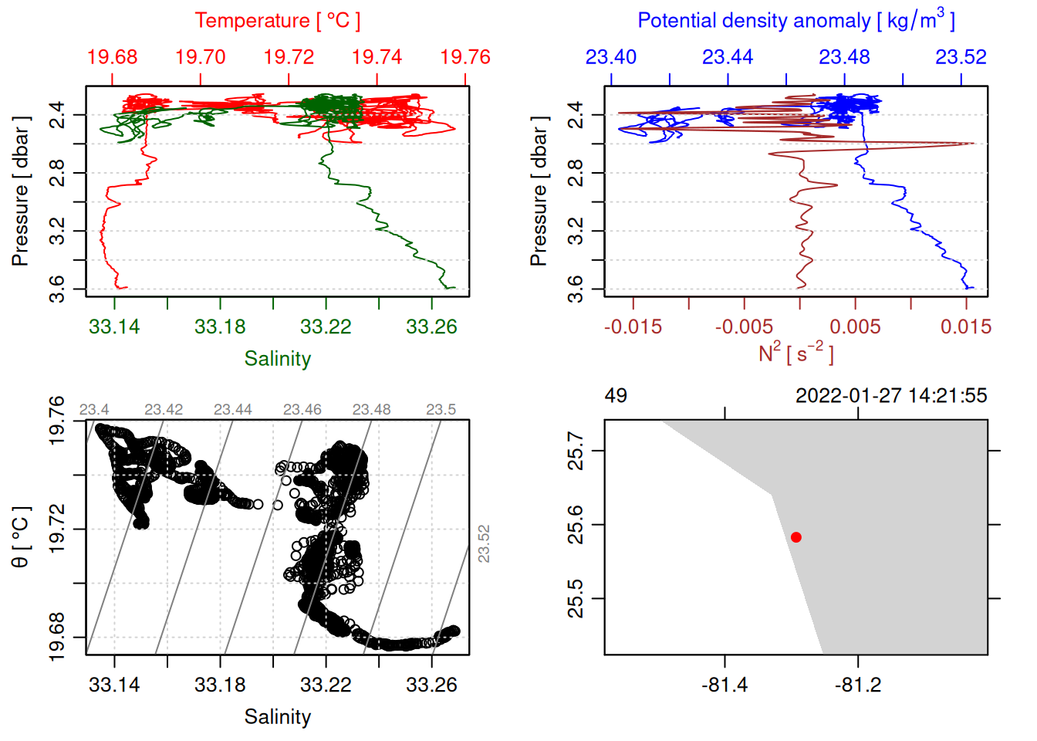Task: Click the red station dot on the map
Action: pos(795,537)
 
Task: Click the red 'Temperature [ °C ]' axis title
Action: pos(277,21)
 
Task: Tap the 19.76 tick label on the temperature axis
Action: pos(465,57)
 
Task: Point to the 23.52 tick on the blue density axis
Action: pos(961,57)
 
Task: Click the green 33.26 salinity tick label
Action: pos(431,327)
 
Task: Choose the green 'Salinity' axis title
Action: pos(277,359)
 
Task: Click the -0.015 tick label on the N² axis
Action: pos(633,327)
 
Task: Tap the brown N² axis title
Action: pos(795,353)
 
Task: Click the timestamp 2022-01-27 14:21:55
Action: pos(891,396)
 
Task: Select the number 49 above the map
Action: pos(616,396)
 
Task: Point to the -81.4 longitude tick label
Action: pos(725,685)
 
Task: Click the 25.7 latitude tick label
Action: pos(576,451)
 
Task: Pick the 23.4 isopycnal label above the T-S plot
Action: pos(94,410)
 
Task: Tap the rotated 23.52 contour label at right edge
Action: pos(484,543)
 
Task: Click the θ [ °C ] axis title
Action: pos(21,537)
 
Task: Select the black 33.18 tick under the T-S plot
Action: pos(220,685)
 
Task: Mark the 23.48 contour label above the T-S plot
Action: pos(371,410)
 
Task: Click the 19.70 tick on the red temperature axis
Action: pos(201,57)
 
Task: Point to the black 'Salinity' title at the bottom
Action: pos(277,717)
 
